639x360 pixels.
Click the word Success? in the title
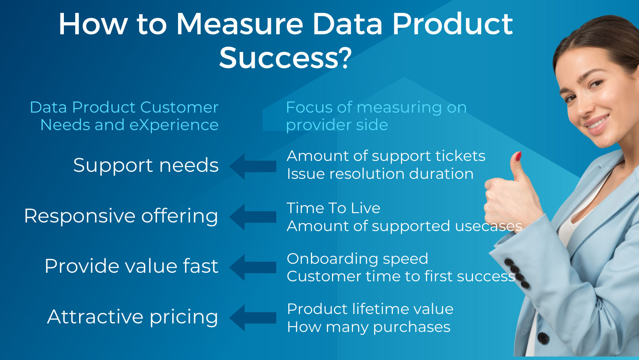285,58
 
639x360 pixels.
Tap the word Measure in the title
240,24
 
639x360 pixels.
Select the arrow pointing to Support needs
253,166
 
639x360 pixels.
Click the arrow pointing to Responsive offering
253,217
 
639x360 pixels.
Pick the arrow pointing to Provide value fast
253,267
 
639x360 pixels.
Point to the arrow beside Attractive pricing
253,318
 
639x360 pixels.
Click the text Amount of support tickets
386,156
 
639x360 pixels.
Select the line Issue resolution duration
380,174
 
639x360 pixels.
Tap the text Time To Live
333,208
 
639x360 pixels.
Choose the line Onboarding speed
357,259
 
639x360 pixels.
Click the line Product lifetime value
370,309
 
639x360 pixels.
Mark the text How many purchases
369,327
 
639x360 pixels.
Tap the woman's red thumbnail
518,157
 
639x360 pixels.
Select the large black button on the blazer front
543,337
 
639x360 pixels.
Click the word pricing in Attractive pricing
184,317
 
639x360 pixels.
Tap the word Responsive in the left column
79,216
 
